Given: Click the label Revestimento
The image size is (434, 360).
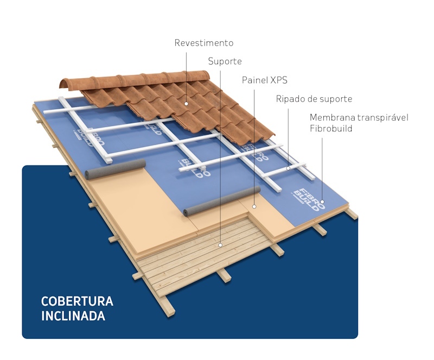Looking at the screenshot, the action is click(204, 43).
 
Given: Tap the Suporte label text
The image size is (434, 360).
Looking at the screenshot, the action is click(225, 61).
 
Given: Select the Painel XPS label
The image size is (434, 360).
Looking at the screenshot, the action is click(265, 80).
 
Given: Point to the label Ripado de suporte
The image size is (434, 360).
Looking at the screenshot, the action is click(314, 99).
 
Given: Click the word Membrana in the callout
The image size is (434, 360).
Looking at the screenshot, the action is click(332, 117).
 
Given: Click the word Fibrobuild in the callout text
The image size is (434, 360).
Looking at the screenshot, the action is click(331, 129).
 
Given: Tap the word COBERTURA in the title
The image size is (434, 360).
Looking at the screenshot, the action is click(77, 301).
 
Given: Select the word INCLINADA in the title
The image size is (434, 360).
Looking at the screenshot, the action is click(73, 316).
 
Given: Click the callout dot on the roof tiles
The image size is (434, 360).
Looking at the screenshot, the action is click(186, 104).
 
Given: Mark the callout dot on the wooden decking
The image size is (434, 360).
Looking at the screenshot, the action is click(220, 245).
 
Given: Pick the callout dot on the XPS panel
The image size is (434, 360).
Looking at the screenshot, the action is click(254, 206).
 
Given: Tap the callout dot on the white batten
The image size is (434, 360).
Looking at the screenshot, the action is click(288, 168).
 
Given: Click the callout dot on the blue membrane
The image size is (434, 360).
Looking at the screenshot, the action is click(322, 202).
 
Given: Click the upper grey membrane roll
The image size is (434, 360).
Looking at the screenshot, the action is click(116, 169).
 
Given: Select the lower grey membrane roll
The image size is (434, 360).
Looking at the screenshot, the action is click(222, 201).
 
